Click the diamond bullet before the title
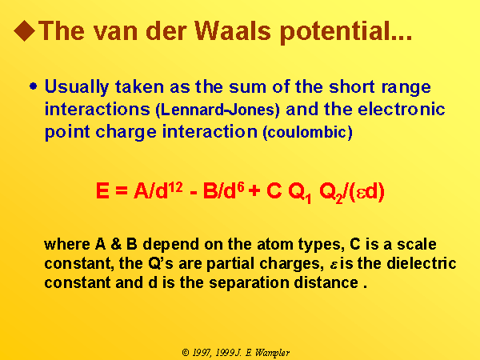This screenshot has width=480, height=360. (x=25, y=30)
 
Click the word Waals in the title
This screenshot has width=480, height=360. (x=233, y=31)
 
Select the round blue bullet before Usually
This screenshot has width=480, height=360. (x=34, y=86)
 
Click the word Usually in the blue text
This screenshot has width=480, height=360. (x=77, y=87)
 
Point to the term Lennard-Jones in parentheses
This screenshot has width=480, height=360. (x=218, y=110)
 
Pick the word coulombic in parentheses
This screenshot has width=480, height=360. (x=308, y=132)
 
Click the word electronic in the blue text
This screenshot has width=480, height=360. (x=402, y=109)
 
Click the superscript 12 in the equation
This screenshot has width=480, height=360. (x=175, y=186)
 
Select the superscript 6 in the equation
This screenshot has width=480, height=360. (x=241, y=186)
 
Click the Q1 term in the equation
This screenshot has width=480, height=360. (x=300, y=194)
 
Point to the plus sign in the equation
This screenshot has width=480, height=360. (x=254, y=191)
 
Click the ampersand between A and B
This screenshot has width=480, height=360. (x=116, y=244)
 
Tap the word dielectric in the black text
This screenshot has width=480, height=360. (x=422, y=263)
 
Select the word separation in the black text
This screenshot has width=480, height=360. (x=249, y=283)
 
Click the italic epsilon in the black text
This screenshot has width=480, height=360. (x=334, y=265)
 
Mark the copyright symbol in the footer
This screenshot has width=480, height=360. (x=186, y=353)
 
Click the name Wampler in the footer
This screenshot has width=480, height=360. (x=273, y=353)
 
